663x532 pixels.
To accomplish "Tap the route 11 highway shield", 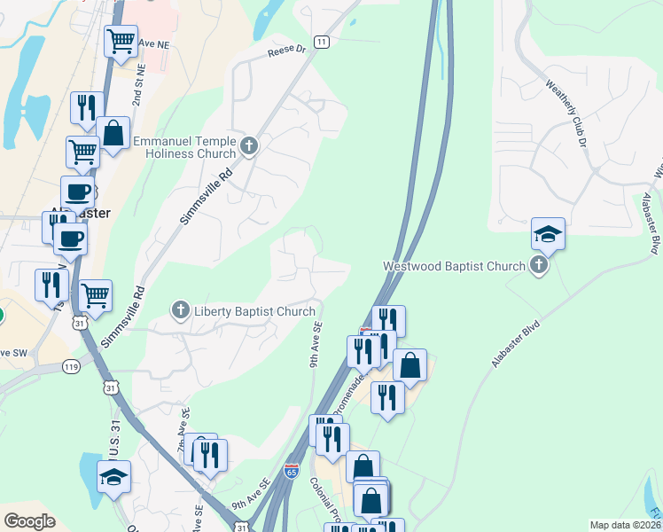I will point(321,42).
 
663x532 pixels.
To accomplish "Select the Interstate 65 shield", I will point(292,471).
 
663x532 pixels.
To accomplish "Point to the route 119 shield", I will point(72,365).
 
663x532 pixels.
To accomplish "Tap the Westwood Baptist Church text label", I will point(453,265).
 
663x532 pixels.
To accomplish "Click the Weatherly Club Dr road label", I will point(566,113).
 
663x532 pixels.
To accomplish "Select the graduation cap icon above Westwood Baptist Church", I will point(548,234).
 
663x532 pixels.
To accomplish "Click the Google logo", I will point(29,521).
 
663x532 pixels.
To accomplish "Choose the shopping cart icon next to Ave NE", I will point(121,40).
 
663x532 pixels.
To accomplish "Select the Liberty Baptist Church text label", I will point(254,311).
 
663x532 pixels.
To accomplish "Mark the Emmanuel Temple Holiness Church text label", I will point(185,147).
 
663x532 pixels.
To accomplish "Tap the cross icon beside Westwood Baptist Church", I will point(539,264).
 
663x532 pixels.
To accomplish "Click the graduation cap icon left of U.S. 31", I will point(113,477).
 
